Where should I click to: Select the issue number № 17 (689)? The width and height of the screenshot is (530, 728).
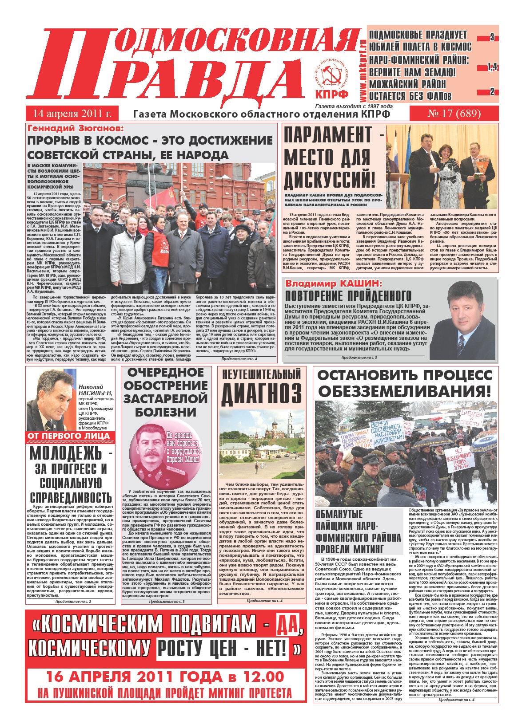pos(454,114)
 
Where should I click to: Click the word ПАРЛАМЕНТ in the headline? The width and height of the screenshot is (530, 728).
pos(328,135)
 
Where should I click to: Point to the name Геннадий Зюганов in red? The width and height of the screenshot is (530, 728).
pos(76,129)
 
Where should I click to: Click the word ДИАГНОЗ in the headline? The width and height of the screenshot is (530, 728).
pos(261,394)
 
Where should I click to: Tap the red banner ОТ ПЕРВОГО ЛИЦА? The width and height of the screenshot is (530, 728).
pos(69,436)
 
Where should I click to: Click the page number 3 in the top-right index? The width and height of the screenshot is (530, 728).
pos(492,38)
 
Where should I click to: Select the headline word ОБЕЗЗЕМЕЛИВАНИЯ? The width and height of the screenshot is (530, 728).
pos(404,391)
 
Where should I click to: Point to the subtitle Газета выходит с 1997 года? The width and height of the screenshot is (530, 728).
pos(354,106)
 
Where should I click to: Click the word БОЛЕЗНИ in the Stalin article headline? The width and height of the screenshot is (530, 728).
pos(166,412)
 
